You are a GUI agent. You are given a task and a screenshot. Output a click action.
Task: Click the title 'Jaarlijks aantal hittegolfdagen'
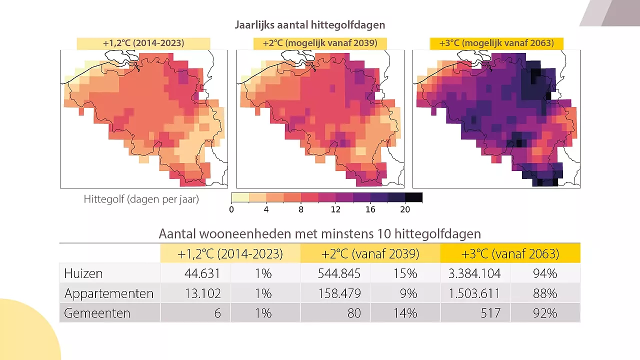(310, 25)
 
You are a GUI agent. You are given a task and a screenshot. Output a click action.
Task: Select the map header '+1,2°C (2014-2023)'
(143, 43)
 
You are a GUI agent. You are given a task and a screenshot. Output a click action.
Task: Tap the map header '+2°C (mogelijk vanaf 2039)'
(320, 43)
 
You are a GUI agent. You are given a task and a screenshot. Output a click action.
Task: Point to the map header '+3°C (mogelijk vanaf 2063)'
(496, 43)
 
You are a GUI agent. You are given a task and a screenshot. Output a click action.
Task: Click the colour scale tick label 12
(335, 209)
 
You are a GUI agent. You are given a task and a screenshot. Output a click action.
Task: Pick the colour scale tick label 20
(405, 209)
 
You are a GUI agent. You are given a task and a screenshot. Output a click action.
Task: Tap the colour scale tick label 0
(231, 209)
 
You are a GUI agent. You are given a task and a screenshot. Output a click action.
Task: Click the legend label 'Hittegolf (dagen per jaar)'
(141, 199)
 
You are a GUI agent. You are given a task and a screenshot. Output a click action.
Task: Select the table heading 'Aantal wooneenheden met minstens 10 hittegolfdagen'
(319, 233)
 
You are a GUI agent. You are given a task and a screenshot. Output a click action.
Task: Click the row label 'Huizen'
(83, 273)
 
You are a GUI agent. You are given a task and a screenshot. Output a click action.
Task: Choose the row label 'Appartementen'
(109, 293)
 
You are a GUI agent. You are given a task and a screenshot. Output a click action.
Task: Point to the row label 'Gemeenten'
(97, 313)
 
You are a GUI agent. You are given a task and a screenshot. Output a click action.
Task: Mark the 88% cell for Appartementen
(545, 293)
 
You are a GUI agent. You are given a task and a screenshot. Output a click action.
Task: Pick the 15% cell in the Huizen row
(405, 273)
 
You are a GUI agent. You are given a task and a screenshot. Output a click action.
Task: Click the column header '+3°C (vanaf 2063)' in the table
(510, 253)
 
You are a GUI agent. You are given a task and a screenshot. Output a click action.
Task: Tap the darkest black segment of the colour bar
(413, 197)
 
